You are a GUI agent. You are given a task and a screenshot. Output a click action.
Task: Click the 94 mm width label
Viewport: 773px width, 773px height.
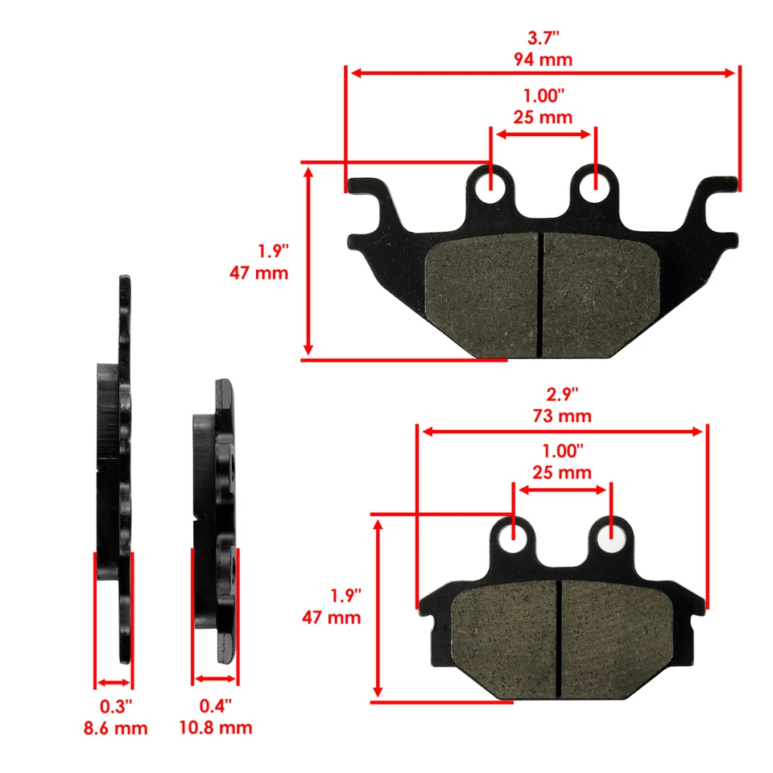[542, 59]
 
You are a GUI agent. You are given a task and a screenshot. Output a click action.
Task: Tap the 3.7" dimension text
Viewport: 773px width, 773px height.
[542, 38]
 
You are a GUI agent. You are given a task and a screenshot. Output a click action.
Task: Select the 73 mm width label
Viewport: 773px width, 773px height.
[561, 416]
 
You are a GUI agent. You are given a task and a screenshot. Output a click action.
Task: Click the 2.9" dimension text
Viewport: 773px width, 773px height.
[561, 395]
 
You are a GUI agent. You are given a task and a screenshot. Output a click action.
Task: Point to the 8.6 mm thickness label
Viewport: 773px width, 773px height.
[115, 729]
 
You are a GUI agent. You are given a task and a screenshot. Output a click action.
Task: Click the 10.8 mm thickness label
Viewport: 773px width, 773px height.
[215, 729]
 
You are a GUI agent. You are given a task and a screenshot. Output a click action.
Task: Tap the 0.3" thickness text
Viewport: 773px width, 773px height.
[115, 707]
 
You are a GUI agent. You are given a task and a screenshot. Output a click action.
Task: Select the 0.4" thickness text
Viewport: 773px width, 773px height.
[215, 707]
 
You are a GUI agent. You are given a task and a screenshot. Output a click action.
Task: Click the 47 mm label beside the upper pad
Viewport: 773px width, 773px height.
[259, 273]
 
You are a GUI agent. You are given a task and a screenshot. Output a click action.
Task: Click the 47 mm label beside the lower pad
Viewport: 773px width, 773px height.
[332, 618]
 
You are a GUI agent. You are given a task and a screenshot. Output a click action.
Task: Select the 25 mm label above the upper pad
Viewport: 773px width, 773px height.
[542, 117]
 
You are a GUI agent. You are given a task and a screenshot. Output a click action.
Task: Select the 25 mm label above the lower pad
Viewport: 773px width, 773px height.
[561, 472]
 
